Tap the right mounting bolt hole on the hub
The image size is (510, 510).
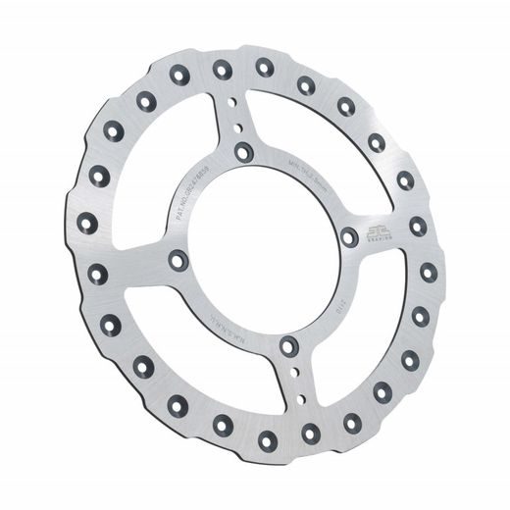[350, 236]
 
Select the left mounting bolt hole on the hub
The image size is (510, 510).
[178, 260]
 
